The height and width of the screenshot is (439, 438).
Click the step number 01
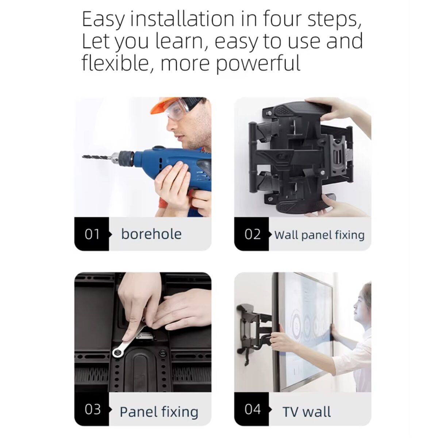(92, 234)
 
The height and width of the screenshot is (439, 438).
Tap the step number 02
(252, 234)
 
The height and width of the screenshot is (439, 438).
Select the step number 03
(92, 409)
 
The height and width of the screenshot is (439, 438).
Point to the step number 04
(252, 409)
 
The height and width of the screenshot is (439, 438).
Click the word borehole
(151, 234)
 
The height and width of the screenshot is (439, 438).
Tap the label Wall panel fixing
(319, 235)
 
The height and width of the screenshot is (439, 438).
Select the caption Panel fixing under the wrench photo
(159, 412)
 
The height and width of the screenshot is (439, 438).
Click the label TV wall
(307, 412)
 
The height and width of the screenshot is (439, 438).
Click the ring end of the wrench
(118, 351)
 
